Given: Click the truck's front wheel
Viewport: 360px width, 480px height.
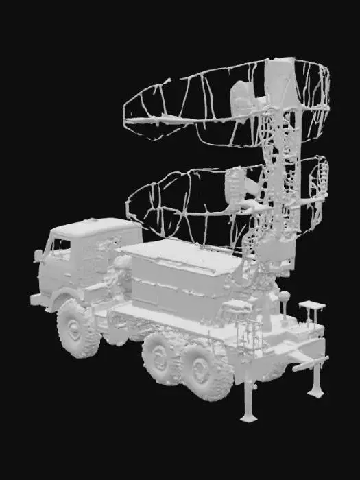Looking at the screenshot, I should tap(77, 328).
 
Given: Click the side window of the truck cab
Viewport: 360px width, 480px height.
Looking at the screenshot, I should tap(62, 248).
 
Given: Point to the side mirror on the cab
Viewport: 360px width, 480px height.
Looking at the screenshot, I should tap(38, 256).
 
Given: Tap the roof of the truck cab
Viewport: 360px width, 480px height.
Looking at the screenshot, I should tap(96, 226).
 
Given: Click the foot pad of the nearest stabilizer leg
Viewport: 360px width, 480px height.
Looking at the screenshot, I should tap(248, 416).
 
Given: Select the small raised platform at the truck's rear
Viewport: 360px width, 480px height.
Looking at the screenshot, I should tap(312, 305).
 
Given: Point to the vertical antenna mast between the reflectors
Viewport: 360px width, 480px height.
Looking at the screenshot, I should tap(278, 158).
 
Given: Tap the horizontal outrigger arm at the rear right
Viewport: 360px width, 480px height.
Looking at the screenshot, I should tap(309, 363).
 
